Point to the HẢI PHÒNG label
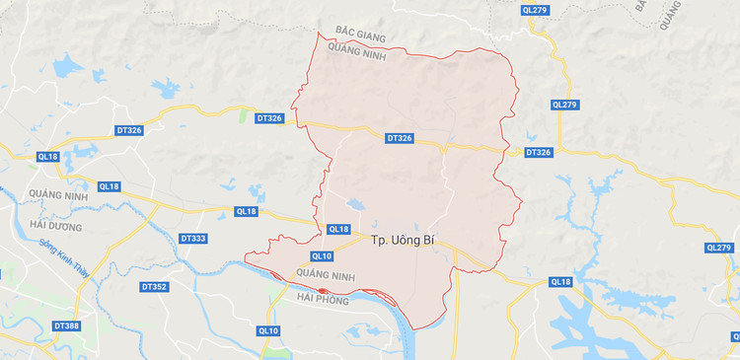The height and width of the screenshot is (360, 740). pos(322,301)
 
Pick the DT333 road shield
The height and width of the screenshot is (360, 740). pos(194,239)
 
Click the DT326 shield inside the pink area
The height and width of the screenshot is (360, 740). pos(400,139)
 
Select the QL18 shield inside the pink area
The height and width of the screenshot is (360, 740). pos(337,230)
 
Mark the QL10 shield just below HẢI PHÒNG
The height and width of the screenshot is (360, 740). pos(267,330)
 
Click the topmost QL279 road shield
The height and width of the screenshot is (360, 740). pos(534,10)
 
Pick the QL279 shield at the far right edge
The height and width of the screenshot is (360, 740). pos(720,248)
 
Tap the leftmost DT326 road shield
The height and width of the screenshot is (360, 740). pos(129,129)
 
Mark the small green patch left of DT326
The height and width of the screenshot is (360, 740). pos(242,115)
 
